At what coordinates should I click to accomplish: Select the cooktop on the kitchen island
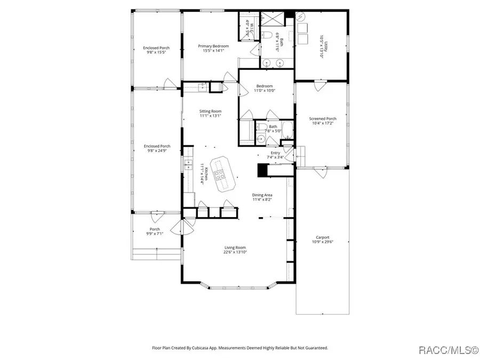[219, 173]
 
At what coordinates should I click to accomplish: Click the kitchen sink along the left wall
[188, 164]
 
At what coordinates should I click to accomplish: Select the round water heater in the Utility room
[301, 17]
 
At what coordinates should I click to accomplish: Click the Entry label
[275, 153]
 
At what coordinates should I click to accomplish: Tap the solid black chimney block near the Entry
[262, 170]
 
